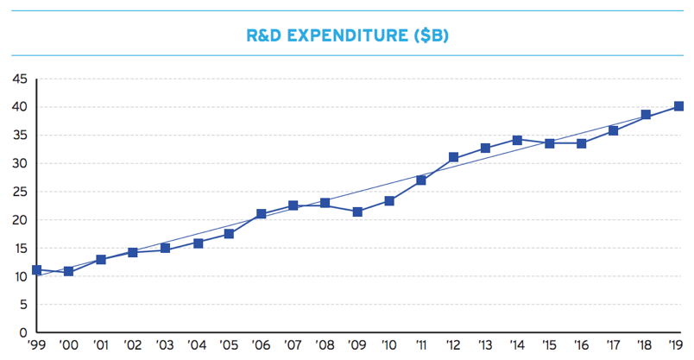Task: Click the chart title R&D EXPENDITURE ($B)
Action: (346, 36)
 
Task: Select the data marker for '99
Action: (36, 270)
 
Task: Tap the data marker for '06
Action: (261, 214)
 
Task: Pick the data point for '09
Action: (357, 212)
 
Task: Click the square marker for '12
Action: (453, 158)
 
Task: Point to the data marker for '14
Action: (517, 140)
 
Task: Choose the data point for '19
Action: (678, 107)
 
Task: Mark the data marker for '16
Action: (582, 143)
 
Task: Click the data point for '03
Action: (165, 248)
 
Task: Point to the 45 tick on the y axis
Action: (18, 79)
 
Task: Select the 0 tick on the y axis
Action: (22, 333)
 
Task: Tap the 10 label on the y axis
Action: (18, 276)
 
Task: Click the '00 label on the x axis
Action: (68, 347)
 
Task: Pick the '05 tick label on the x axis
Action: (229, 347)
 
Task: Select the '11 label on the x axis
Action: (421, 347)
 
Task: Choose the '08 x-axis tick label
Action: (325, 347)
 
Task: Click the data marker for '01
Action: (100, 260)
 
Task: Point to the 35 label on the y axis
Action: (18, 136)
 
